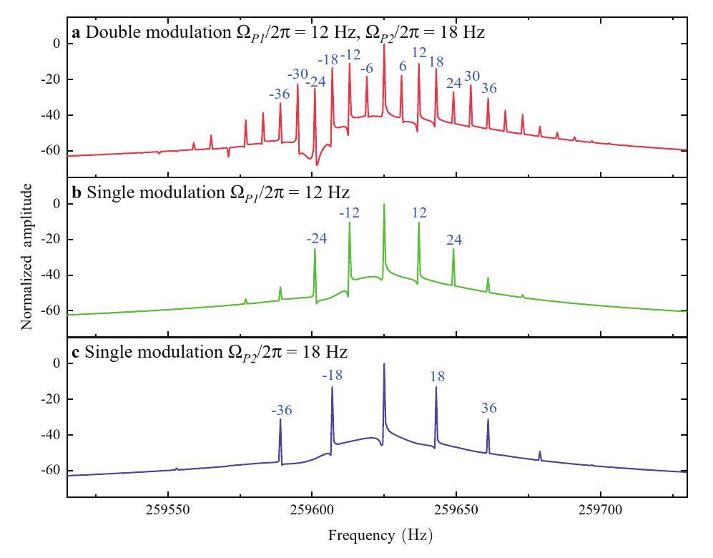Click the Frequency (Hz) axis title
click(380, 535)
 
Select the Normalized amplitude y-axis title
click(27, 256)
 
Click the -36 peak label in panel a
click(280, 94)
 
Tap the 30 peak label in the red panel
click(472, 76)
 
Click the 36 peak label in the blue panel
click(488, 408)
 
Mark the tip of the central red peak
click(384, 44)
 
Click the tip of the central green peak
click(384, 205)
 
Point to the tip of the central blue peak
click(384, 364)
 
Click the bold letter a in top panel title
click(75, 32)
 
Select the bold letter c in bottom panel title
click(75, 352)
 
